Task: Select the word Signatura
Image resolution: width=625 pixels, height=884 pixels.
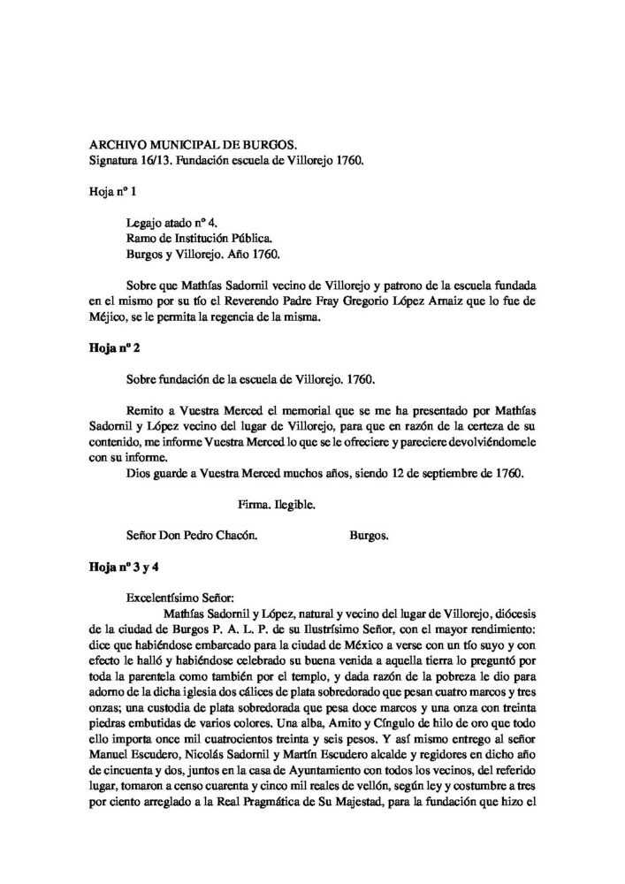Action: click(119, 161)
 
